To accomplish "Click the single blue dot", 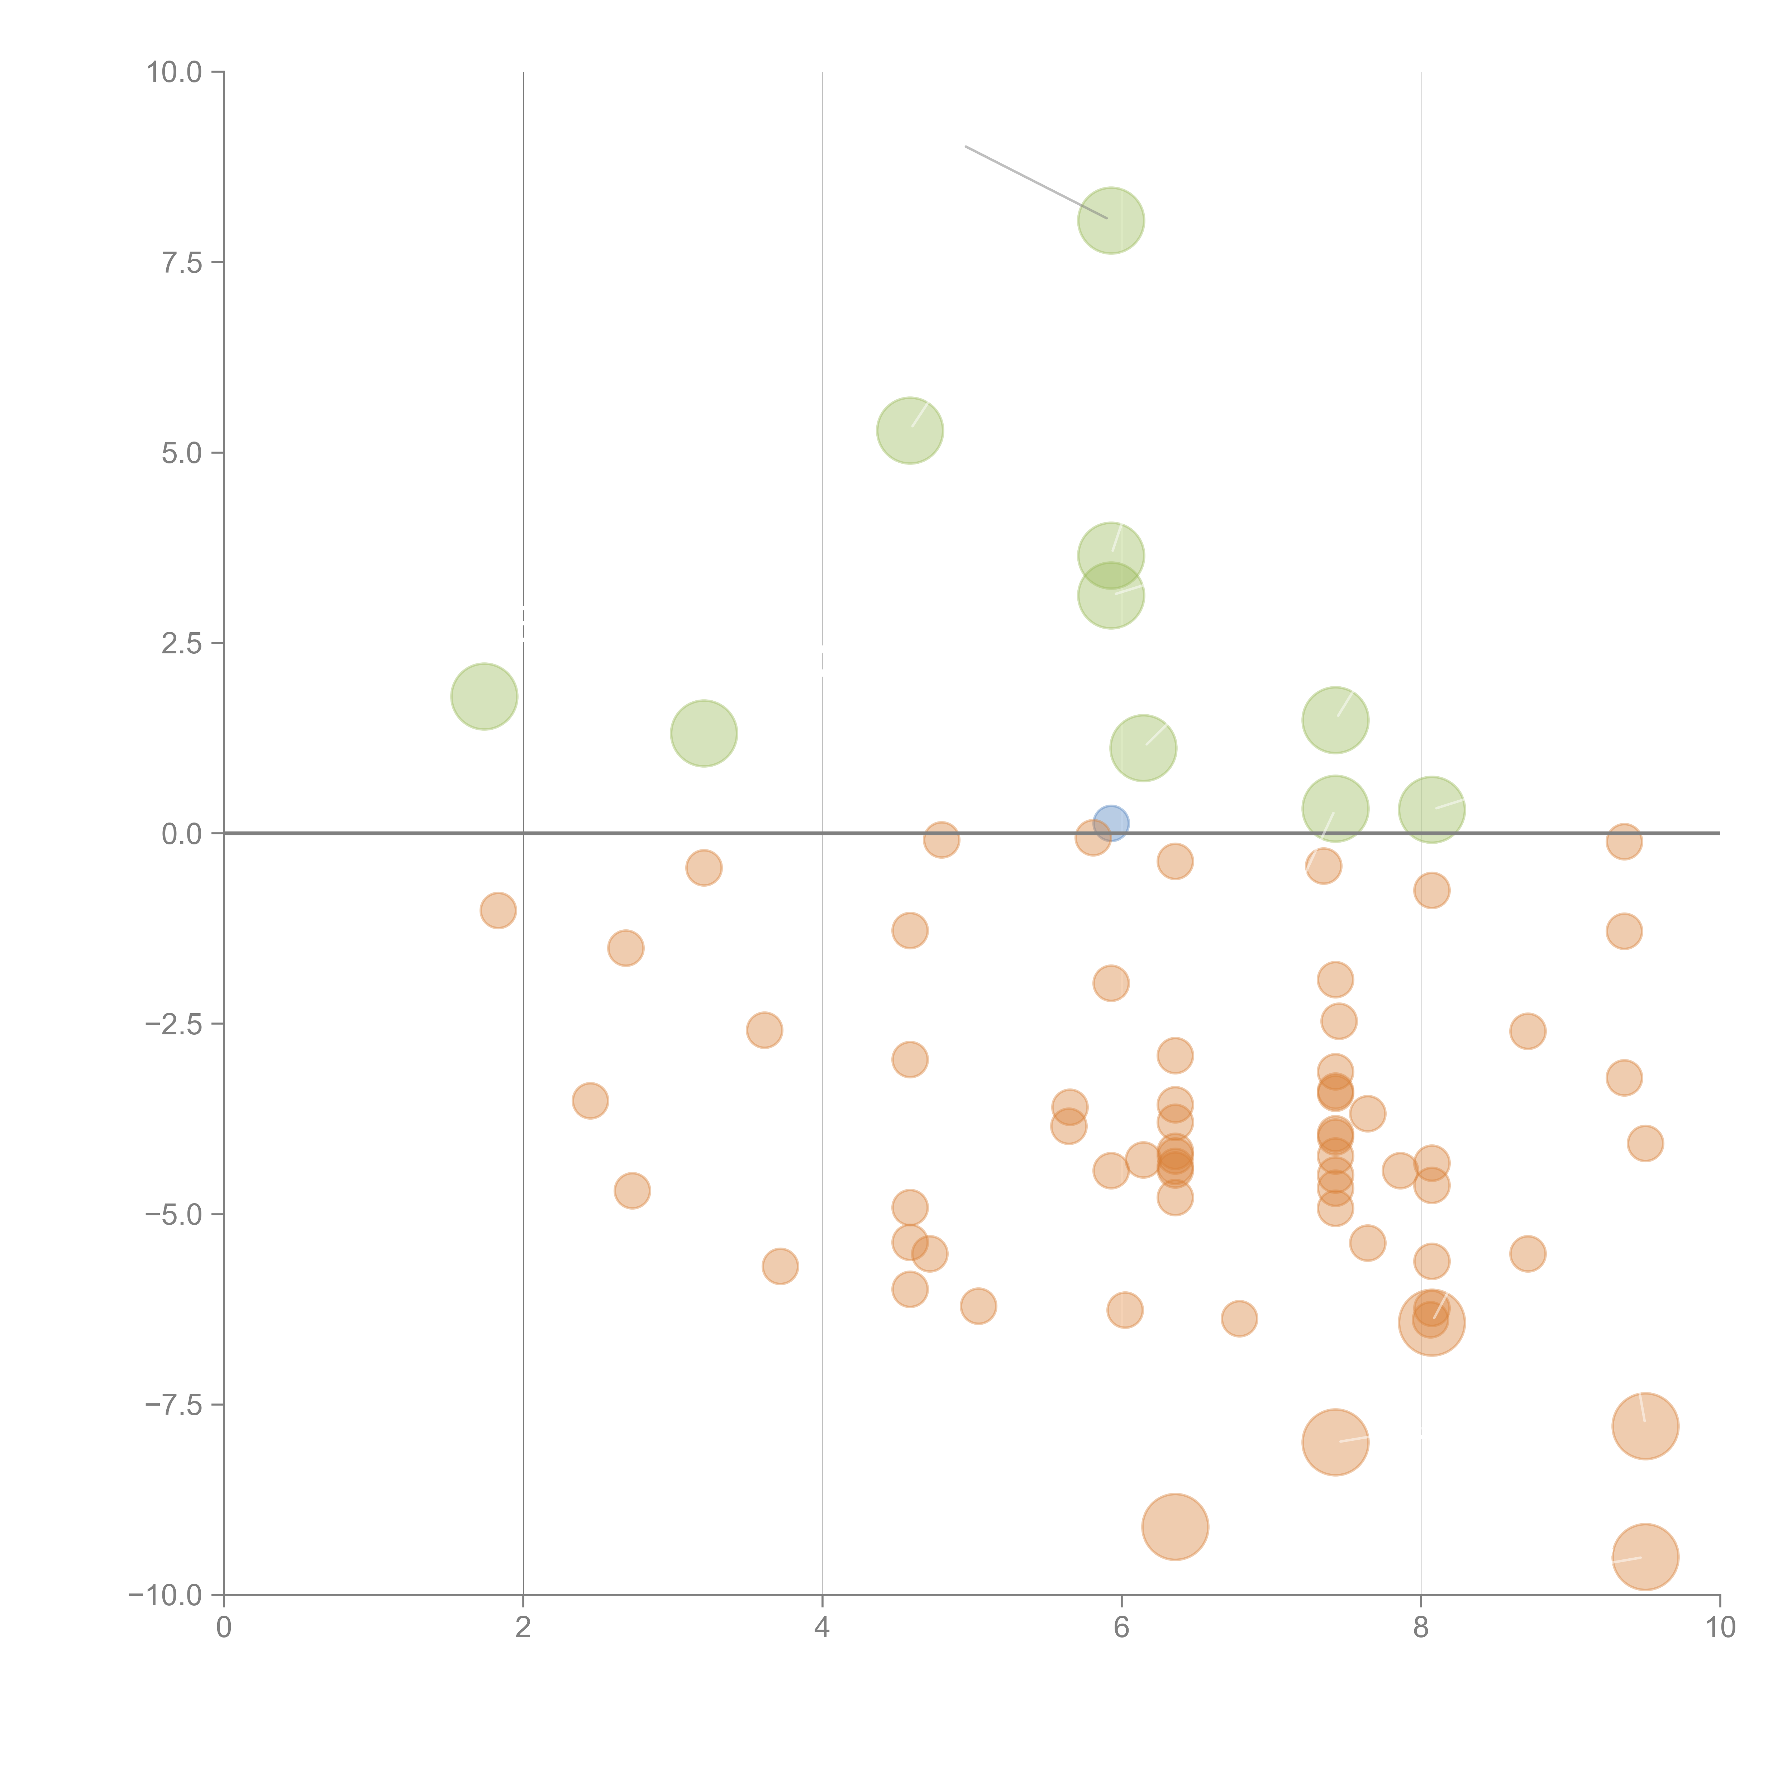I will point(1110,823).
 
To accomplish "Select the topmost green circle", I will point(1110,221).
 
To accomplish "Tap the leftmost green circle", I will point(484,697).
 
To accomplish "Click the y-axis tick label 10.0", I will point(175,72).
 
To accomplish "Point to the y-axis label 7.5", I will point(182,262).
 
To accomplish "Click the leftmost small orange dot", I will point(498,910).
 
